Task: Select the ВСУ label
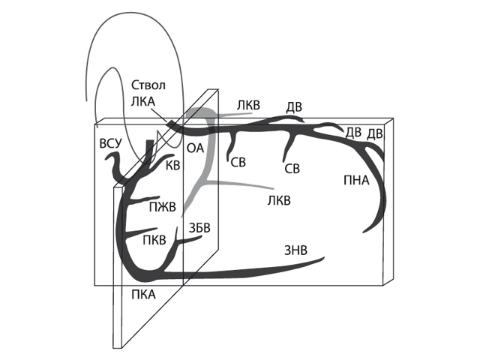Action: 109,143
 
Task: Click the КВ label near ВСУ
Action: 172,165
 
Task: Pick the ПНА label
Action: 356,179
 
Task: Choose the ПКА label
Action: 142,294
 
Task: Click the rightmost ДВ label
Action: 375,133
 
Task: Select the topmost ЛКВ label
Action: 247,105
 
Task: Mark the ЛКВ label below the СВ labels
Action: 279,201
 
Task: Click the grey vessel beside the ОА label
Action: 211,150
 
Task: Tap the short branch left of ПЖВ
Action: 133,205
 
